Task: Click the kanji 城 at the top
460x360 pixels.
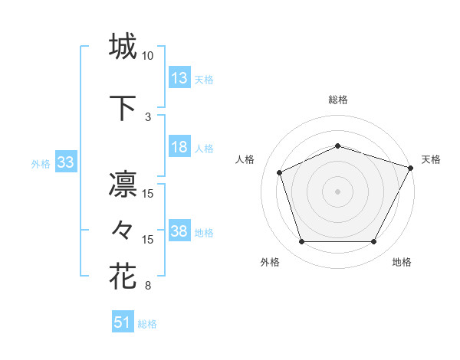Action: [123, 47]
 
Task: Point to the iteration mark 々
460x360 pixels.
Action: [123, 229]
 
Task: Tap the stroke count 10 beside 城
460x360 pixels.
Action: [148, 56]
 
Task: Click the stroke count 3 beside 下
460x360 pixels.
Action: [148, 116]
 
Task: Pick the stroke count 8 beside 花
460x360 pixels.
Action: [148, 286]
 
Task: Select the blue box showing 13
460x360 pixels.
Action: [179, 78]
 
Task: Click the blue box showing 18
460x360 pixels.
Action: [179, 147]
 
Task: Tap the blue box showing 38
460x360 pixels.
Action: [179, 231]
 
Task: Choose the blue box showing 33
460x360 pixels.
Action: [65, 162]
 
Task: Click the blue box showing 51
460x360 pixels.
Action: [123, 322]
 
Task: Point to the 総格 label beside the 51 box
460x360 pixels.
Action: [147, 324]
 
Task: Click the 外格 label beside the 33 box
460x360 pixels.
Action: [41, 163]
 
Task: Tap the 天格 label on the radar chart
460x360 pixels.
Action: [431, 159]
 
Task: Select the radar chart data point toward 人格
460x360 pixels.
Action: [280, 172]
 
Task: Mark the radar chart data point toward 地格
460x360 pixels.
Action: [373, 242]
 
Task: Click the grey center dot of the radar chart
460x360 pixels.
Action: [337, 191]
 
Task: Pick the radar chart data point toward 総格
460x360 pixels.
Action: [337, 146]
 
